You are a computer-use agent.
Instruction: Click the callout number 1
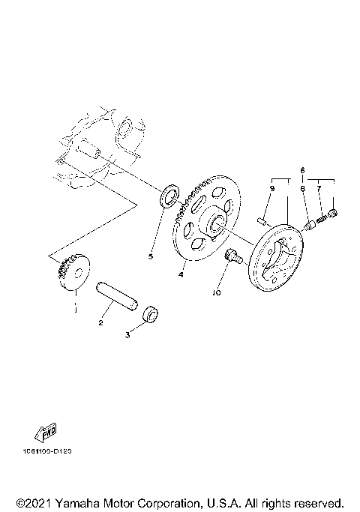pyautogui.click(x=74, y=307)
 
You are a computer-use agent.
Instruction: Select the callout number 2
pyautogui.click(x=100, y=323)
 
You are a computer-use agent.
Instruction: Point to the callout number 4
pyautogui.click(x=181, y=274)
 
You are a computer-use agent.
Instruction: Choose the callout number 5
pyautogui.click(x=150, y=256)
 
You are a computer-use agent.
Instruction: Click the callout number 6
pyautogui.click(x=304, y=171)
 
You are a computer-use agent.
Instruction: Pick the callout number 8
pyautogui.click(x=304, y=190)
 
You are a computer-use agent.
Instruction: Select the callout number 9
pyautogui.click(x=272, y=190)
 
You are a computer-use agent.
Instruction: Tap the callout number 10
pyautogui.click(x=217, y=294)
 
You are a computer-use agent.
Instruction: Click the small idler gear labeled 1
pyautogui.click(x=73, y=274)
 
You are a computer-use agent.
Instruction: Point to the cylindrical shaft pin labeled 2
pyautogui.click(x=116, y=295)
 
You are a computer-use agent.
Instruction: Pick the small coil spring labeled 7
pyautogui.click(x=323, y=218)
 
